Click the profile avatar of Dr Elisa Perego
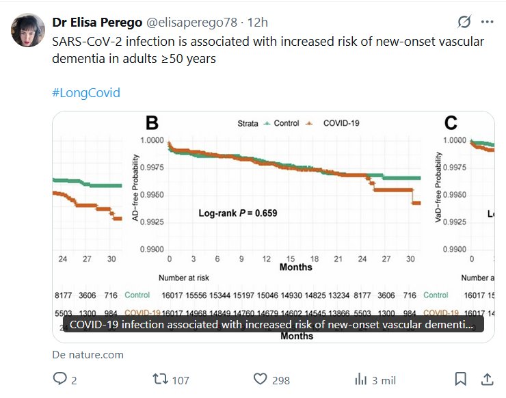pos(26,30)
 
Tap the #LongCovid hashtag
pos(86,92)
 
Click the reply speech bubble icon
pos(60,379)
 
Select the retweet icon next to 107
pos(159,379)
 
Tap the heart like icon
pos(260,379)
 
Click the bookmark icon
pos(461,379)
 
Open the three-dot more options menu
pos(487,21)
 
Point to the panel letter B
pos(152,123)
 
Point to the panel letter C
pos(451,123)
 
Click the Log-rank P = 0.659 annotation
pos(238,213)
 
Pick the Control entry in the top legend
pos(281,123)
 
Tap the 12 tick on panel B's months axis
pos(266,260)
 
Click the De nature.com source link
pos(88,355)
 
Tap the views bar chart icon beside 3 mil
pos(361,380)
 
